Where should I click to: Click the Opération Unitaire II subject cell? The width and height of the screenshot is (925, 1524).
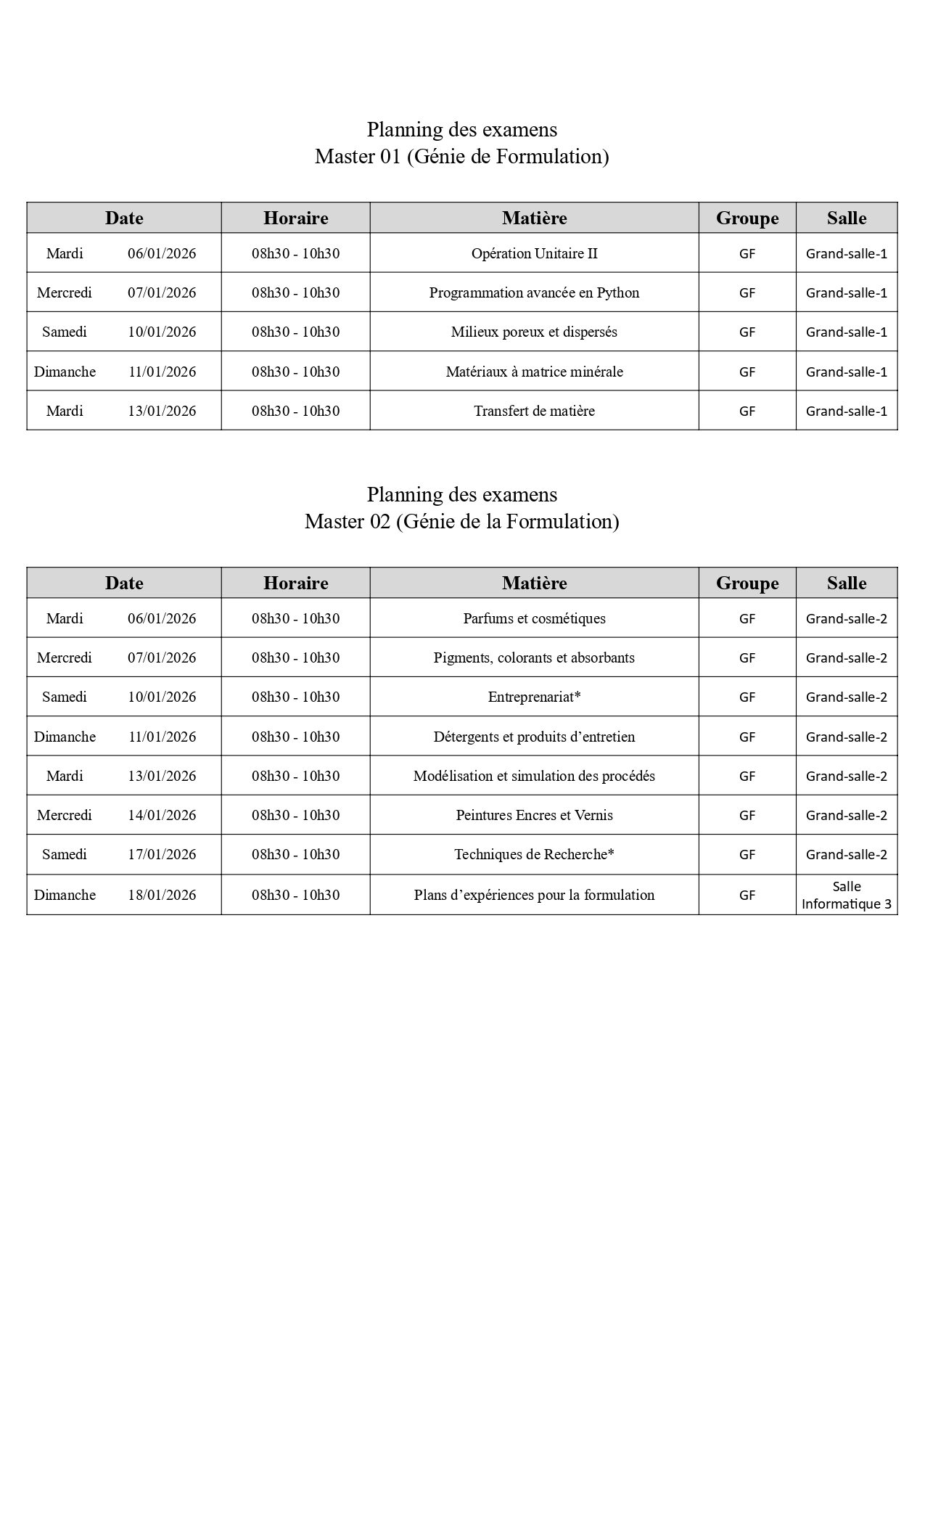[x=534, y=253]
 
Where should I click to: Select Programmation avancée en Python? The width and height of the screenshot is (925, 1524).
[x=534, y=292]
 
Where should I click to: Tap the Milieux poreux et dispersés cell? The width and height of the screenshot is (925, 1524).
[x=534, y=332]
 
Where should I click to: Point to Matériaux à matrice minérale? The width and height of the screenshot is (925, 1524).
[x=534, y=372]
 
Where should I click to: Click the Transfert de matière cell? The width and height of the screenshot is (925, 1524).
[x=534, y=411]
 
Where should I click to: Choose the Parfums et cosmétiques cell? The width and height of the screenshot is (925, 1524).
[x=534, y=618]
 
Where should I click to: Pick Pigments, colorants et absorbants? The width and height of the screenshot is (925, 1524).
[x=534, y=657]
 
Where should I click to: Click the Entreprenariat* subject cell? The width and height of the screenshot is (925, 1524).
[x=534, y=697]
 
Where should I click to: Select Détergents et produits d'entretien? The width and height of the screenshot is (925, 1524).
[x=534, y=737]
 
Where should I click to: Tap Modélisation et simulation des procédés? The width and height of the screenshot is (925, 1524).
[x=534, y=776]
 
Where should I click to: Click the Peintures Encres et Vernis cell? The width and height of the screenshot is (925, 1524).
[x=534, y=815]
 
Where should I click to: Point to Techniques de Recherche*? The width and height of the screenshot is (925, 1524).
[x=534, y=854]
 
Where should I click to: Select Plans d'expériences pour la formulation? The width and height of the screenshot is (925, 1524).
[x=534, y=895]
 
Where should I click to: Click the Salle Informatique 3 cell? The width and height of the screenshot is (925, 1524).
[x=846, y=895]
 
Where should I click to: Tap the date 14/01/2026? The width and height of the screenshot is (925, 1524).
[x=162, y=815]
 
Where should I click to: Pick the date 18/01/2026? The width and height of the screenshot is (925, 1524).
[x=162, y=895]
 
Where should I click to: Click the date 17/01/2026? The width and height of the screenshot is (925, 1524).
[x=162, y=854]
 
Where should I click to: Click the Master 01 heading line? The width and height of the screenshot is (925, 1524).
[x=461, y=157]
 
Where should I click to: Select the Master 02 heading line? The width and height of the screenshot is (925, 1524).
[x=461, y=522]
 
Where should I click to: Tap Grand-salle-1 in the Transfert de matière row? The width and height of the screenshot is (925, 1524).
[x=846, y=411]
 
